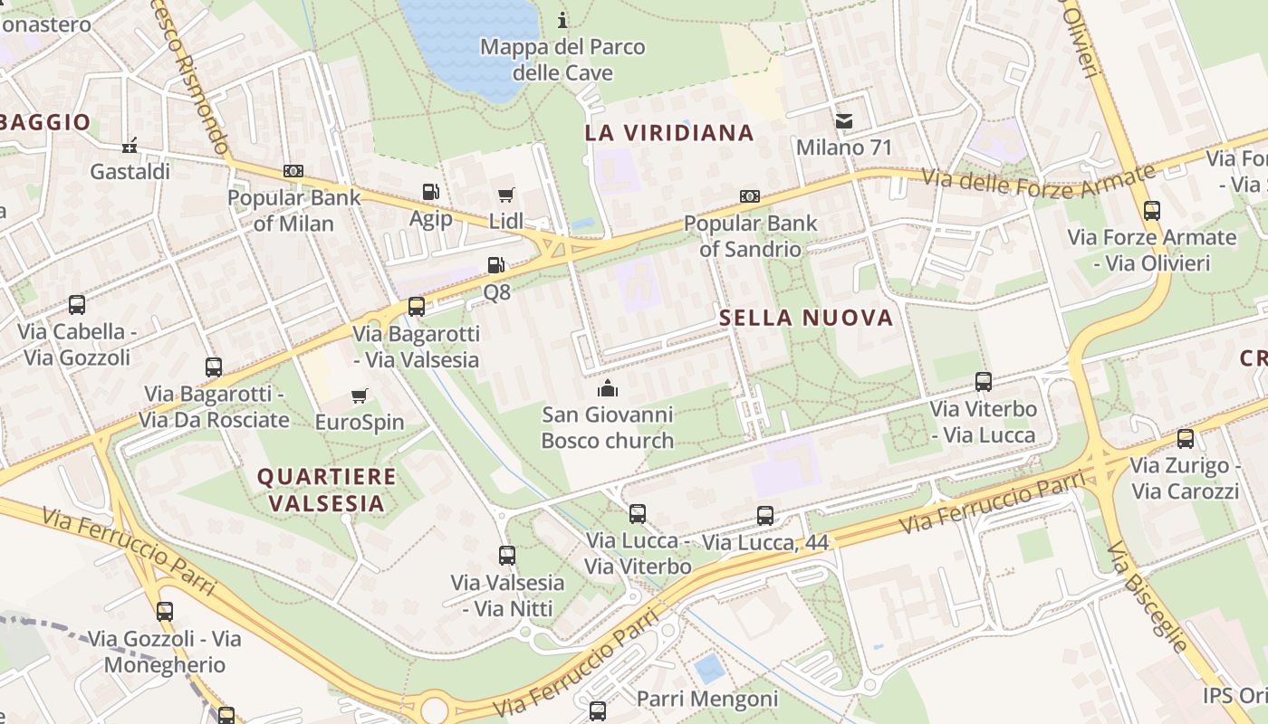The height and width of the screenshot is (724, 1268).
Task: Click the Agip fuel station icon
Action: pos(431,192)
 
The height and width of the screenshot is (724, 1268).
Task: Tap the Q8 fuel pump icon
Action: pos(495,265)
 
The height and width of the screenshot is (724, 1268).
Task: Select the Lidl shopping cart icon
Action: pos(505,195)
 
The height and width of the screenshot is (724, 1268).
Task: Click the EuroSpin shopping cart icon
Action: pos(360,395)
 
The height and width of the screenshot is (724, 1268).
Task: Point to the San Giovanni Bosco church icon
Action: pos(607,389)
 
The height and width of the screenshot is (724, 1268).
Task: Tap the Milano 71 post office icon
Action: pos(844,121)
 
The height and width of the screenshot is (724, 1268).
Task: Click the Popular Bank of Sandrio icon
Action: pos(750,196)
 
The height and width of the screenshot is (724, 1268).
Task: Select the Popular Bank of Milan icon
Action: pos(293,171)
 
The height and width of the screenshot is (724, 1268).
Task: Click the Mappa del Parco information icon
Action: pos(562,20)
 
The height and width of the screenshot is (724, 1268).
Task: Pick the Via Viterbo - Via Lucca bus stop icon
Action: pos(984,382)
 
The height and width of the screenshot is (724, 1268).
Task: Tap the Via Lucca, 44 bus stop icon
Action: pos(765,516)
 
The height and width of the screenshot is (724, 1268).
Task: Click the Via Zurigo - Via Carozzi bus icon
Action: pos(1185,439)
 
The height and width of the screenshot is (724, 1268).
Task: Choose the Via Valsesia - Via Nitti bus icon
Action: pos(507,556)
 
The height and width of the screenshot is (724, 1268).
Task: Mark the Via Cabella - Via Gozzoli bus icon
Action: pos(77,305)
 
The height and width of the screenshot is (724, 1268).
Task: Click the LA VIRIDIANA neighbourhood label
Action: pos(669,133)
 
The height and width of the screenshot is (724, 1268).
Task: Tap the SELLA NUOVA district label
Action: pos(806,318)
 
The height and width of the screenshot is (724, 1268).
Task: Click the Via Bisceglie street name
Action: pos(1147,596)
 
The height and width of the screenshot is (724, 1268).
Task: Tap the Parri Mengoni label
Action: pos(707,699)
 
